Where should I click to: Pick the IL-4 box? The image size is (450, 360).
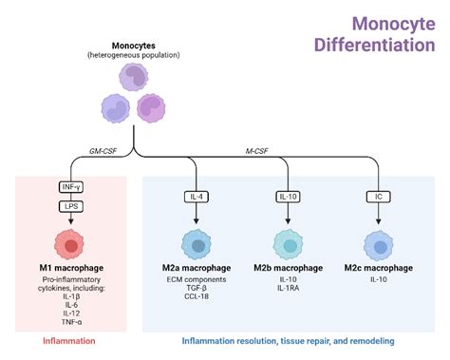click(x=197, y=197)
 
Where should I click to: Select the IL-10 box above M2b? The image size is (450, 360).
click(x=287, y=197)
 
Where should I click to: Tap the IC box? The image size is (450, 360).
click(x=377, y=197)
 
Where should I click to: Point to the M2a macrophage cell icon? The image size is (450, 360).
click(x=197, y=246)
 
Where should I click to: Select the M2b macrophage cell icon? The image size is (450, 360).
click(x=287, y=246)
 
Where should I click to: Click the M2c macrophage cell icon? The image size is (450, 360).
click(x=377, y=246)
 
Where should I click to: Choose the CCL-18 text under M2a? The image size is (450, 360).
click(x=197, y=297)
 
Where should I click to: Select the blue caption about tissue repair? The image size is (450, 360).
click(x=288, y=340)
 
